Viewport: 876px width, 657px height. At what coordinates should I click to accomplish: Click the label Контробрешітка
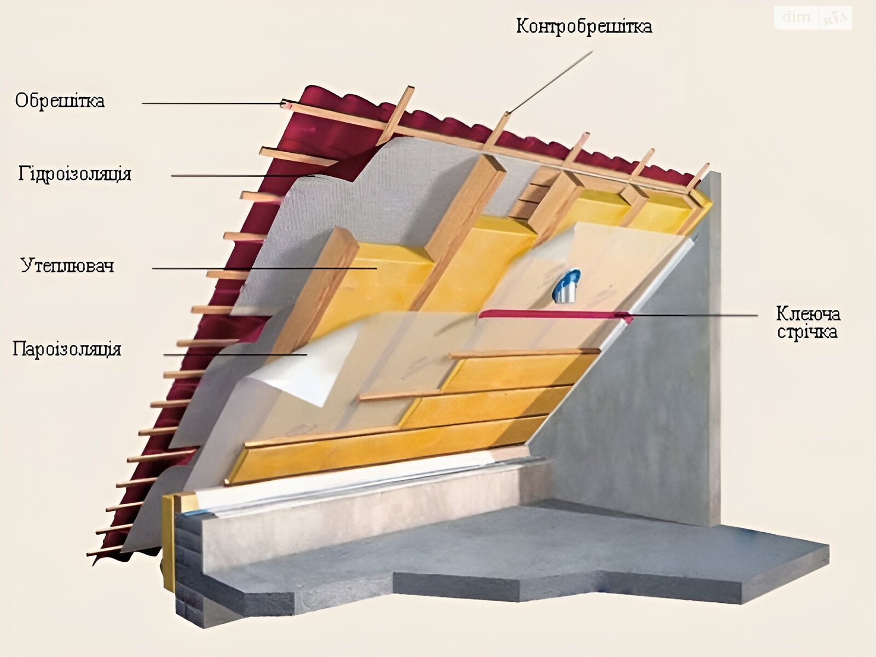coord(584,26)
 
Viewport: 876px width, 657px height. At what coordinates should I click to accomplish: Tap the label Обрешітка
coord(60,101)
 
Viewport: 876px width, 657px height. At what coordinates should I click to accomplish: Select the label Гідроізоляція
coord(74,174)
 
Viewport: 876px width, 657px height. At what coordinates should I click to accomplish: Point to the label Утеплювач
coord(67,266)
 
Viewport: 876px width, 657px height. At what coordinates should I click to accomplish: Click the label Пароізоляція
coord(67,349)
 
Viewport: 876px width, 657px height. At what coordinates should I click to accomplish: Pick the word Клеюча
coord(808,314)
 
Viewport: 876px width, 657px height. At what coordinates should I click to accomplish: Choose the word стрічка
coord(807,331)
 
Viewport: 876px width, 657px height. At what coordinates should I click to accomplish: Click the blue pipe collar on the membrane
coord(566,285)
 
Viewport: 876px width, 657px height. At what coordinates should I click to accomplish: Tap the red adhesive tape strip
coord(555,315)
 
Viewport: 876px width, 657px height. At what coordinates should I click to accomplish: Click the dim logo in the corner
coord(796,17)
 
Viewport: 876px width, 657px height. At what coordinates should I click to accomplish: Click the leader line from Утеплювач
coord(264,268)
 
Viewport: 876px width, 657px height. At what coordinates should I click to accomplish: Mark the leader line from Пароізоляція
coord(235,354)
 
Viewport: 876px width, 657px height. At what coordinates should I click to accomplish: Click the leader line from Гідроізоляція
coord(243,176)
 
